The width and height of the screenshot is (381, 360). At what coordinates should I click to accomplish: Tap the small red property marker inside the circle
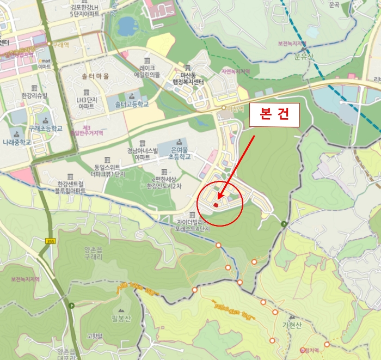click(216, 205)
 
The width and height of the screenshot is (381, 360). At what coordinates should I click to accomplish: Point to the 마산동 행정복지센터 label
click(188, 78)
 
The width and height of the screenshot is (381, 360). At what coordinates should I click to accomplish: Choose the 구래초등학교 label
click(46, 129)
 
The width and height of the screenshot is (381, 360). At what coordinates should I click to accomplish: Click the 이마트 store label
click(44, 66)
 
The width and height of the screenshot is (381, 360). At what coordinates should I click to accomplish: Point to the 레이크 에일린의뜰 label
click(147, 71)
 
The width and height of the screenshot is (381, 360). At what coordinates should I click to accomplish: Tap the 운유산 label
click(305, 56)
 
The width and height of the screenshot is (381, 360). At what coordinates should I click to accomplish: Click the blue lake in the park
click(126, 25)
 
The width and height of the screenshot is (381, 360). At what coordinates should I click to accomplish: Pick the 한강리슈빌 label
click(34, 96)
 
